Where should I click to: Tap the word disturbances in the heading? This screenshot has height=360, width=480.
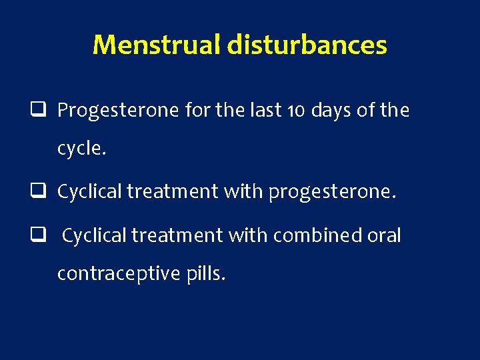tap(307, 45)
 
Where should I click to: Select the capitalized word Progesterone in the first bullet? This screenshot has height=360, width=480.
tap(118, 111)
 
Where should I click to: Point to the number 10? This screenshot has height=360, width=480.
tap(266, 111)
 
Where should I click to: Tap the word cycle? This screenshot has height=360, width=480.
tap(81, 149)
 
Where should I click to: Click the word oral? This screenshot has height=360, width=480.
tap(383, 235)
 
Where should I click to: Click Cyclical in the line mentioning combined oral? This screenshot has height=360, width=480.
tap(95, 235)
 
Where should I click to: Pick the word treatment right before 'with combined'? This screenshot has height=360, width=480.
tap(174, 235)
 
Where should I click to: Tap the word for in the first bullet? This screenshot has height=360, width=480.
tap(197, 111)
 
